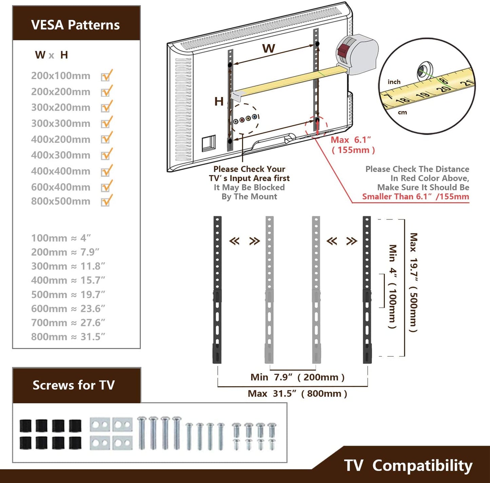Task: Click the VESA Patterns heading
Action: pyautogui.click(x=75, y=25)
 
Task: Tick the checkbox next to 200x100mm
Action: pyautogui.click(x=106, y=76)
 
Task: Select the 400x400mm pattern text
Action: pyautogui.click(x=61, y=171)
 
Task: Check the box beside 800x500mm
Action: pyautogui.click(x=106, y=201)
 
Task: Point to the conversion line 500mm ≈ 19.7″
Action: pyautogui.click(x=68, y=294)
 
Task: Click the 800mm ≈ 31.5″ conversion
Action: pyautogui.click(x=68, y=337)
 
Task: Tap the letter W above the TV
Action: pyautogui.click(x=268, y=49)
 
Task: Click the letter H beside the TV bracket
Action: pyautogui.click(x=219, y=101)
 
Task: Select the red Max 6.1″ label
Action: pyautogui.click(x=351, y=140)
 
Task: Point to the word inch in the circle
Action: pyautogui.click(x=394, y=82)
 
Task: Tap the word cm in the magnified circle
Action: pyautogui.click(x=402, y=112)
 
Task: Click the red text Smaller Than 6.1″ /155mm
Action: pyautogui.click(x=415, y=197)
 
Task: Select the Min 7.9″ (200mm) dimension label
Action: pyautogui.click(x=297, y=377)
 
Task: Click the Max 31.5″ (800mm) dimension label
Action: pyautogui.click(x=297, y=393)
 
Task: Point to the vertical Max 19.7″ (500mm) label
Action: pyautogui.click(x=413, y=282)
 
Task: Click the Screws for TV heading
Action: pyautogui.click(x=74, y=385)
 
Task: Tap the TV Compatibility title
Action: pyautogui.click(x=408, y=465)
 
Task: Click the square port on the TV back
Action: pyautogui.click(x=209, y=143)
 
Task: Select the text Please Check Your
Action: pyautogui.click(x=249, y=169)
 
